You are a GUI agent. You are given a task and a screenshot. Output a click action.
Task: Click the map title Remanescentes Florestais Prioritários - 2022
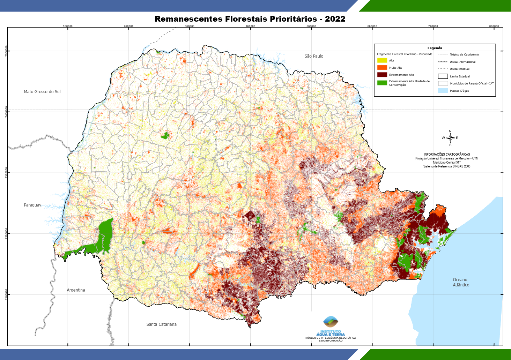tap(250, 19)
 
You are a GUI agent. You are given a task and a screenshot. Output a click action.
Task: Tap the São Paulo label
tap(314, 56)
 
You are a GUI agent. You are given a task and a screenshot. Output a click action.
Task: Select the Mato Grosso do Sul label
tap(42, 92)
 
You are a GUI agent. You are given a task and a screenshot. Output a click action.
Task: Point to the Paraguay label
tap(32, 205)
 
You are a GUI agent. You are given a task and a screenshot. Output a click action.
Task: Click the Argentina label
tap(76, 290)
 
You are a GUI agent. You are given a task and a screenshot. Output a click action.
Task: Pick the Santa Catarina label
tap(161, 324)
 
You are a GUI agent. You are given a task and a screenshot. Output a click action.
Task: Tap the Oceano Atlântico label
tap(461, 282)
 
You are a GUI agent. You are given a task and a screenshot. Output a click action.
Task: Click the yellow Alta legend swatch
tap(382, 60)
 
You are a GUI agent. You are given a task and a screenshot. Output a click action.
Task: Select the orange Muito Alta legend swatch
tap(382, 68)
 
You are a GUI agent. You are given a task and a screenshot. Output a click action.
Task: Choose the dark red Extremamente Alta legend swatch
tap(382, 75)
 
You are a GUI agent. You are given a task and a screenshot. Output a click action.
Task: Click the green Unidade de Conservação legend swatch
tap(382, 83)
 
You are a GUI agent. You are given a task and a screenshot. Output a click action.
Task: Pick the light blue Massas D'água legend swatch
tap(443, 91)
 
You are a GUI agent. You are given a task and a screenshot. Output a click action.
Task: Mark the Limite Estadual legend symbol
tap(443, 76)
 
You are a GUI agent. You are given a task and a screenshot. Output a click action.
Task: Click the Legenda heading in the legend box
tap(435, 48)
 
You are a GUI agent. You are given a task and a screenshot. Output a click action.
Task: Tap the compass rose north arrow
tap(450, 138)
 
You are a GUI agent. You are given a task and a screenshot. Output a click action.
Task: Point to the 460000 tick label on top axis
tap(250, 26)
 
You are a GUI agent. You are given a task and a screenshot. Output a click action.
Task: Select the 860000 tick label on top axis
tap(494, 26)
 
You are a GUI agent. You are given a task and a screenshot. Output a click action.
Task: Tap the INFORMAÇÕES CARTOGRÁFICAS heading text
tap(447, 154)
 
